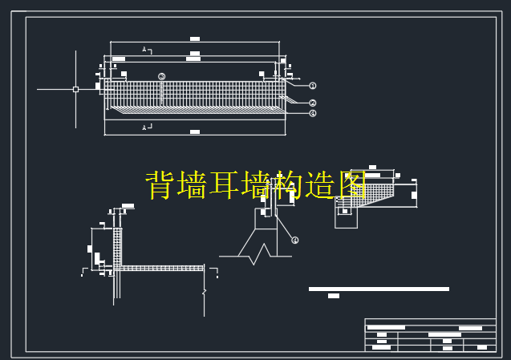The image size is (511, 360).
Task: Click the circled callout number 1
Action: (313, 85)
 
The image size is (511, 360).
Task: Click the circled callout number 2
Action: (313, 103)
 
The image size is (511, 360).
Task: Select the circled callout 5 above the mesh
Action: (162, 77)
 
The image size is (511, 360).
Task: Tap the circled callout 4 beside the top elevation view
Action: (313, 113)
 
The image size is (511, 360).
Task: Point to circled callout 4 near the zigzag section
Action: (295, 240)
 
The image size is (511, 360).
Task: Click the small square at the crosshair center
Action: (75, 89)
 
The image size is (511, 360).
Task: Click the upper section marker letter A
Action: (144, 50)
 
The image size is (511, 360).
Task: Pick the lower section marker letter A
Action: (144, 127)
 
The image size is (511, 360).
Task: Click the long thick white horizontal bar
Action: (379, 289)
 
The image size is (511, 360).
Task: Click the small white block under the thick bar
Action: (334, 296)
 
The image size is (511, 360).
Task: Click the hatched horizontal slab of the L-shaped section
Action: (160, 268)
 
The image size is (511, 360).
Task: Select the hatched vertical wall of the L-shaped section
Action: (117, 249)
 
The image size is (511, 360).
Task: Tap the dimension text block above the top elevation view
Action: (195, 38)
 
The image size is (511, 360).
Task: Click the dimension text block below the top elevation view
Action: (195, 131)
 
